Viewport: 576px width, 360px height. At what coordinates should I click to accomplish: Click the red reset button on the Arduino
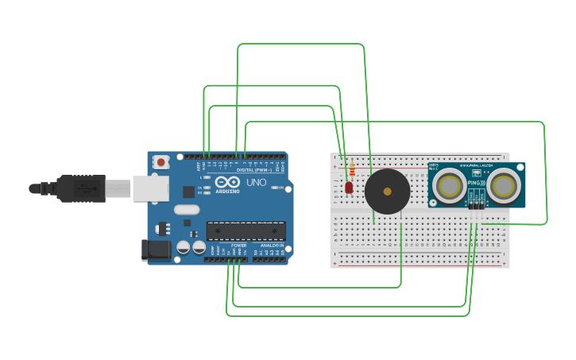161,162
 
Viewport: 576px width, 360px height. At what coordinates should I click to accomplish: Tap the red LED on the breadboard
349,188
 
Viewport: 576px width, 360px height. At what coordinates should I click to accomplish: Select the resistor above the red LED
353,170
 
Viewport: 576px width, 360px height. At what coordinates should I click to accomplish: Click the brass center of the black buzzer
387,192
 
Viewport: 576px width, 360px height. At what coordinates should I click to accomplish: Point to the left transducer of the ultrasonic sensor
450,186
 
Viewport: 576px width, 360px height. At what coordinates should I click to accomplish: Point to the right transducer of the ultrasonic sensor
503,186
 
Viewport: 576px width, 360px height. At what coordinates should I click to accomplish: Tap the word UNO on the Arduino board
257,182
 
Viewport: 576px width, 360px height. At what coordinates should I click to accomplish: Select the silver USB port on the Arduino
150,188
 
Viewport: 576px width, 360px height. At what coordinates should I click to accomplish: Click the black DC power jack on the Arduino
156,250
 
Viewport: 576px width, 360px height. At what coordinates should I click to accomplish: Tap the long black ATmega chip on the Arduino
245,231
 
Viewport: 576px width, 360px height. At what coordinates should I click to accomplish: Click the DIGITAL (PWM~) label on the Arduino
254,169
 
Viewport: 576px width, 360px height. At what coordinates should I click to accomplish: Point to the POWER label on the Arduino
238,246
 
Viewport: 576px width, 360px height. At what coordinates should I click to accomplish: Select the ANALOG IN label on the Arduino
272,246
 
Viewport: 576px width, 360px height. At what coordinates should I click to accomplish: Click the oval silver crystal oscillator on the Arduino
186,210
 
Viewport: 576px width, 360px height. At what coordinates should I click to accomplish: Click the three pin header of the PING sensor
475,205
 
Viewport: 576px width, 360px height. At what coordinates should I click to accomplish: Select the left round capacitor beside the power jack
184,247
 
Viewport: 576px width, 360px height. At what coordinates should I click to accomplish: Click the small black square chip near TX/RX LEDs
188,192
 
